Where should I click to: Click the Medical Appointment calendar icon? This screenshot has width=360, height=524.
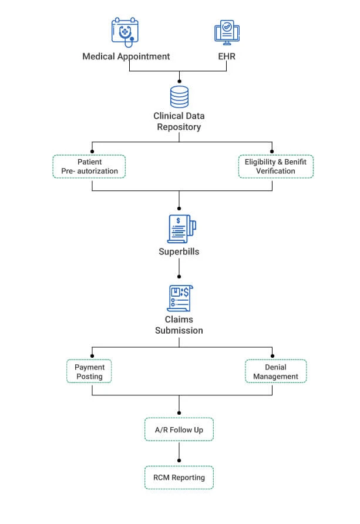[126, 32]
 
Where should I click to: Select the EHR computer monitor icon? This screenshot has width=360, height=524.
[226, 33]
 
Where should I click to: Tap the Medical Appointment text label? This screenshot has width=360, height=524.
[126, 56]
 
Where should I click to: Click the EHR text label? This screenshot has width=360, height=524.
[226, 56]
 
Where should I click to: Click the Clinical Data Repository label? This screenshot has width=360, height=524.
[179, 122]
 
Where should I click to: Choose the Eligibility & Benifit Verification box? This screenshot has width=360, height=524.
[275, 166]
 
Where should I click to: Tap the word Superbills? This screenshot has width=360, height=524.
[179, 251]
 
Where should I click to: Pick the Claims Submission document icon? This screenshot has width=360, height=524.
[179, 298]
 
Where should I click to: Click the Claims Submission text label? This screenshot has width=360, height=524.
[179, 325]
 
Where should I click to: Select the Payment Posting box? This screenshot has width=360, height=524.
[89, 371]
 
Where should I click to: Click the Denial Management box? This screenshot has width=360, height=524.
[275, 371]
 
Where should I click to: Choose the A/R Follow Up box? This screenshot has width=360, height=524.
[179, 429]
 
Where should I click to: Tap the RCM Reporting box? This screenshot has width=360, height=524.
[179, 478]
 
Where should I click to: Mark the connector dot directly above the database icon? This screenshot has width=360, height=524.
[179, 81]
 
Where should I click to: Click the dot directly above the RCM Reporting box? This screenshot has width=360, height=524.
[179, 461]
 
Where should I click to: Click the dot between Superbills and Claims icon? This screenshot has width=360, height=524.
[179, 276]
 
